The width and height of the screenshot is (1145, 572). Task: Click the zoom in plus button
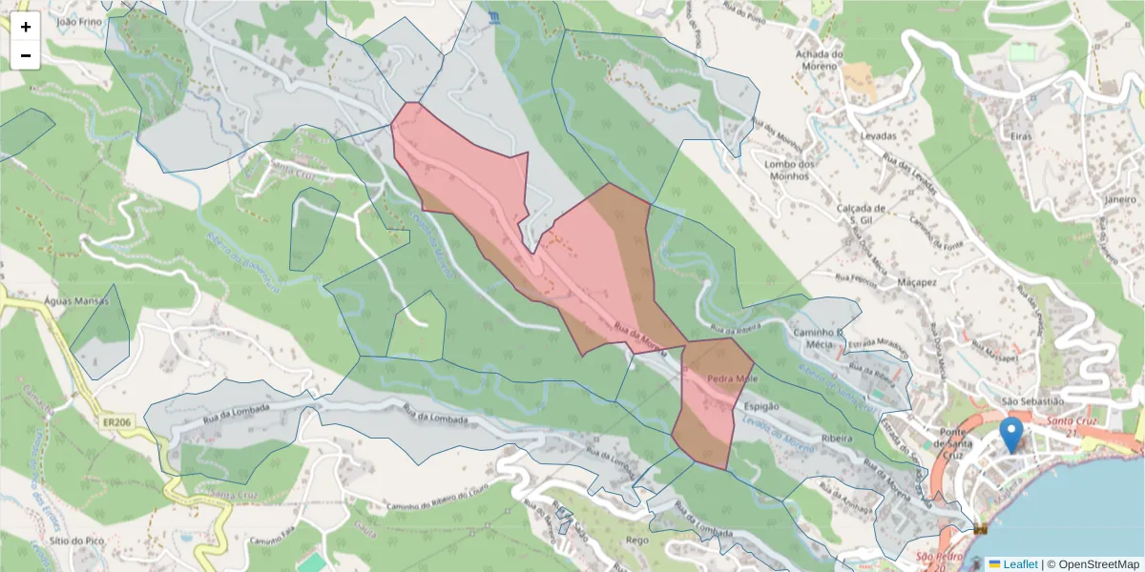point(26,27)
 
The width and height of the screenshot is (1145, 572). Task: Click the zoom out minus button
point(26,55)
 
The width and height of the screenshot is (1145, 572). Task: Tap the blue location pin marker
point(1010,435)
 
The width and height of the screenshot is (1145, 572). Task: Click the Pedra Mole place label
point(731,378)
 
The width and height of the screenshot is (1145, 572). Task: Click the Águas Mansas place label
point(76,300)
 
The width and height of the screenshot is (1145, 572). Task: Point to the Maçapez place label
point(917,282)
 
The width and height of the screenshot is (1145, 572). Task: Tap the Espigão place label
point(760,406)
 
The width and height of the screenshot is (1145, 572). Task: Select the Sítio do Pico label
point(73,540)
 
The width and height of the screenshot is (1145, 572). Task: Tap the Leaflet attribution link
point(1019,564)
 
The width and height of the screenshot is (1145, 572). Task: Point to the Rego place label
point(637,540)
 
